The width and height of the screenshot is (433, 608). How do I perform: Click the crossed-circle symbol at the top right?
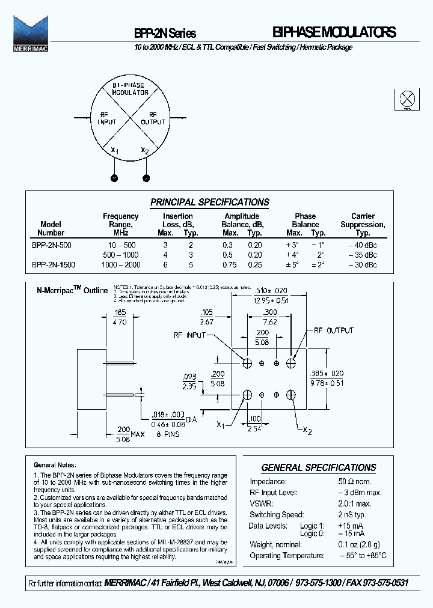click(407, 99)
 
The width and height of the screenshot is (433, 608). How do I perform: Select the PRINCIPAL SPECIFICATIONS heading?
click(209, 202)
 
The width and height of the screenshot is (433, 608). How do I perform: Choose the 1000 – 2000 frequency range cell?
click(120, 264)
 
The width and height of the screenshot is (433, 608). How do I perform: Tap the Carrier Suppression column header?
click(362, 224)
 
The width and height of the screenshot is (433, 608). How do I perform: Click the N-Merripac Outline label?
click(72, 290)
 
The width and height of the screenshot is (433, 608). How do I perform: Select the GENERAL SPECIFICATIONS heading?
click(318, 467)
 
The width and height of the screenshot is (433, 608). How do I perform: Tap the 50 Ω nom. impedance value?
click(355, 481)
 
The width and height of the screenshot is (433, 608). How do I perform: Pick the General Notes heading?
click(53, 464)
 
